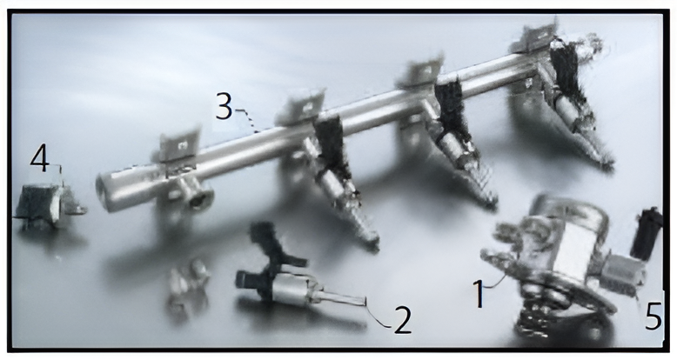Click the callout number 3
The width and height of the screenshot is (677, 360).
pyautogui.click(x=224, y=106)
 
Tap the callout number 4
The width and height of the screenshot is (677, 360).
pyautogui.click(x=39, y=158)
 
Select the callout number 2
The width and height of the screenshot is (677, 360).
pyautogui.click(x=402, y=320)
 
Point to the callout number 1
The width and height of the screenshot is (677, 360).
pyautogui.click(x=479, y=294)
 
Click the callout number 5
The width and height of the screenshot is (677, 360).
pyautogui.click(x=654, y=316)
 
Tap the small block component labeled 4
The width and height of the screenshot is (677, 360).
pyautogui.click(x=50, y=206)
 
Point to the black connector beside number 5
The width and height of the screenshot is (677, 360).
pyautogui.click(x=647, y=233)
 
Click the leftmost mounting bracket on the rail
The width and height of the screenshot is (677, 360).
pyautogui.click(x=180, y=143)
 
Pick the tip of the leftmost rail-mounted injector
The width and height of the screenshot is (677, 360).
pyautogui.click(x=372, y=246)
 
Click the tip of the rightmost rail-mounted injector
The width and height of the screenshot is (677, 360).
pyautogui.click(x=607, y=165)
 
